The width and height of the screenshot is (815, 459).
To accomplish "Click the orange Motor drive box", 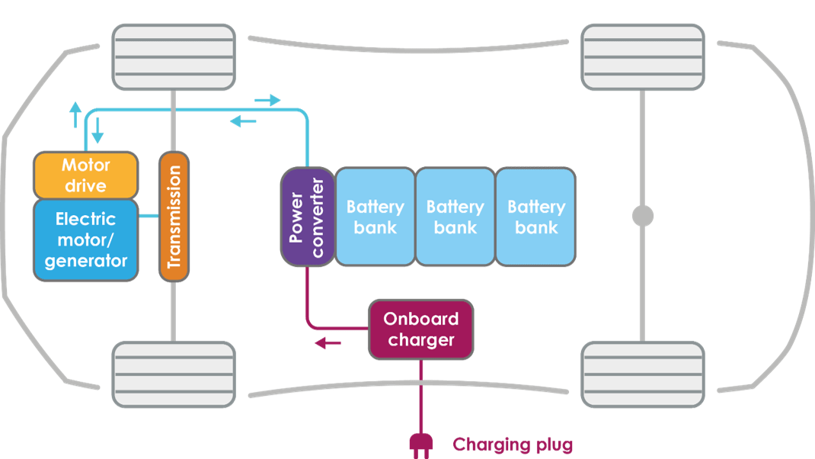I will coord(86,175).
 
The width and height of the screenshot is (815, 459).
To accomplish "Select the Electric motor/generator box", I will coord(86,239).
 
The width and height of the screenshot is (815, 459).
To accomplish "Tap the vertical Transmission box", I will coord(174,217).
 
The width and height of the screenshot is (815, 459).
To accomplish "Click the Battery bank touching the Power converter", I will coord(375,217).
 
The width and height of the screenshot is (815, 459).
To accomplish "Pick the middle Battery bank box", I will coord(455,217).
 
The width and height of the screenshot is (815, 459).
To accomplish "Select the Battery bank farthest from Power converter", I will coord(535,217).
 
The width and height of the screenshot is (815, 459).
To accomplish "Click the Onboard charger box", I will coord(420,329).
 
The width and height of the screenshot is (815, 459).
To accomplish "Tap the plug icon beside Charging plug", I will coord(420,444).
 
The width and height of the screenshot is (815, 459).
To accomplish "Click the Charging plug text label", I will coord(512,445).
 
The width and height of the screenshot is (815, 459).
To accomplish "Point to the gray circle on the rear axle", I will coord(643,216).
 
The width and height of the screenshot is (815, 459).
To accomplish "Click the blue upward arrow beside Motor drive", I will coord(75,115).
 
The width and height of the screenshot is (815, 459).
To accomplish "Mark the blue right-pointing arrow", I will coord(267,101).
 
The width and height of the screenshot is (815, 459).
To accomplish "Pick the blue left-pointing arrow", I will coord(243,120).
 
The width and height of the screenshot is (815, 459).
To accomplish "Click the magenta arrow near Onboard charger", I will coord(328,343).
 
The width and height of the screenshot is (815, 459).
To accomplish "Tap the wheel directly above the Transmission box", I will coord(174,57).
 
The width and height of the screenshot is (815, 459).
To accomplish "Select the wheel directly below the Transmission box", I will coord(174,374).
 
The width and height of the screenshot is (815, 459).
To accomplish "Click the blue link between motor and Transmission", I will coord(149,217).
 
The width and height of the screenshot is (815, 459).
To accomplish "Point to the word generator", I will coord(86,261).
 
